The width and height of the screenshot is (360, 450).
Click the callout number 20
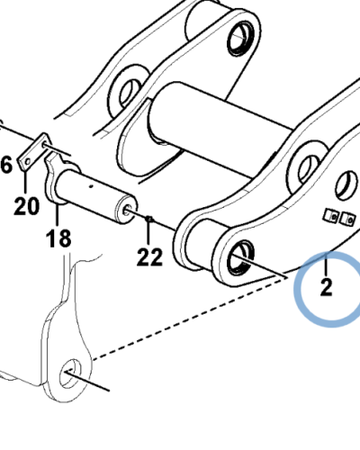[26, 206]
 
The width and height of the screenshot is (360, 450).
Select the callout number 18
[58, 238]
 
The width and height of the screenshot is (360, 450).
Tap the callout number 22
[149, 257]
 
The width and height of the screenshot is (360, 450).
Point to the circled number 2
[326, 287]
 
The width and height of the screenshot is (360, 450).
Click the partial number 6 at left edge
[6, 165]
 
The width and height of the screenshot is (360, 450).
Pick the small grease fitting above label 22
[149, 220]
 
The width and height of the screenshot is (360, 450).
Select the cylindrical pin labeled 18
[95, 195]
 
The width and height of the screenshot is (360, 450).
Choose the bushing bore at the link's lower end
[241, 257]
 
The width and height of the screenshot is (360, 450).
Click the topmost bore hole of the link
[241, 39]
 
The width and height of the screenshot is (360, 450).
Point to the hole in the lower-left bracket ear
[70, 373]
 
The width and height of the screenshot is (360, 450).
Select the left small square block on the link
[331, 216]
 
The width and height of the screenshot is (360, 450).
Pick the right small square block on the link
[347, 219]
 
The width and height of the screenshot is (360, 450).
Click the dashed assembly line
[189, 319]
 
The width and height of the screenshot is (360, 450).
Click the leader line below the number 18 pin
[57, 215]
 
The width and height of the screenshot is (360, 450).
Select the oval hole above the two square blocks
[347, 185]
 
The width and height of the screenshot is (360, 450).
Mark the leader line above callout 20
[25, 183]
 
